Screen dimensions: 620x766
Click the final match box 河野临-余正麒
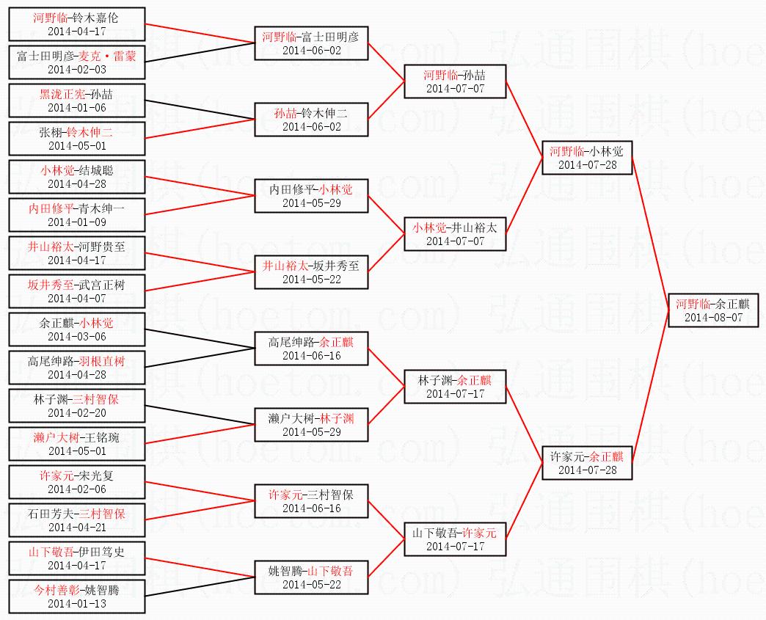[x=713, y=310]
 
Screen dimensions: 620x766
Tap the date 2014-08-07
[x=713, y=318]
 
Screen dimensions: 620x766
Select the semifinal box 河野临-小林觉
[x=586, y=158]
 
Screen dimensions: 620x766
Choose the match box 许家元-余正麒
[x=586, y=463]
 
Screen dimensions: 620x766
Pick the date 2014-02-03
[x=77, y=69]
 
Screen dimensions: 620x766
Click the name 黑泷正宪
[x=62, y=94]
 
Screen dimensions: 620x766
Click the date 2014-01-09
[x=77, y=222]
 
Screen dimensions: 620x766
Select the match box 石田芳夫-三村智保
[x=77, y=521]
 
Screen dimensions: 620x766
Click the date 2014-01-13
[x=77, y=603]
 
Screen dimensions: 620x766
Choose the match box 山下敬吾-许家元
[x=455, y=539]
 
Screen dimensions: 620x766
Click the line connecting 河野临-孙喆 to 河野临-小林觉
[x=524, y=117]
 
